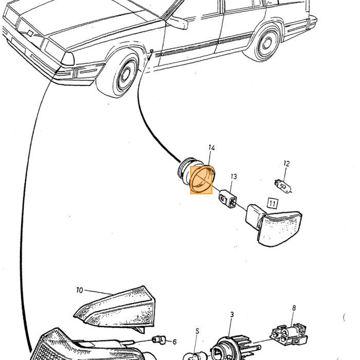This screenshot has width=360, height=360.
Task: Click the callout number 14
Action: click(211, 148)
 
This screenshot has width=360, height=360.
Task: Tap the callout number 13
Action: click(233, 176)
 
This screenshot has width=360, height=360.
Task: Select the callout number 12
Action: click(286, 164)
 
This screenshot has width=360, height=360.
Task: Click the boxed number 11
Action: click(273, 204)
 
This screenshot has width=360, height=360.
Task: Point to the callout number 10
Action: click(79, 290)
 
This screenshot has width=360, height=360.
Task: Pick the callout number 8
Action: click(294, 308)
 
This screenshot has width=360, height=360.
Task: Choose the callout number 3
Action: click(232, 315)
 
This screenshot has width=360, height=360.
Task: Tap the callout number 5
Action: click(197, 331)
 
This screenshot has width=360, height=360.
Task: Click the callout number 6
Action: click(174, 342)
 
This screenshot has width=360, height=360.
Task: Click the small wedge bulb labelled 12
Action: click(283, 187)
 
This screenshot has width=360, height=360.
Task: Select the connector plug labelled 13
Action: click(227, 199)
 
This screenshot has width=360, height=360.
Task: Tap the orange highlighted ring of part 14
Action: click(201, 180)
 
